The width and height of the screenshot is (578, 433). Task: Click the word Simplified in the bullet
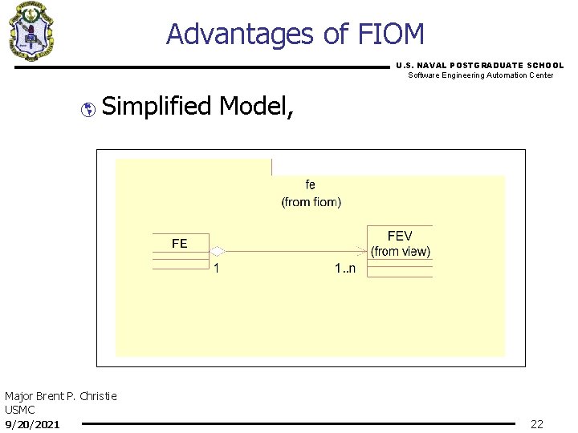(x=157, y=106)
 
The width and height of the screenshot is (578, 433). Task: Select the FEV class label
(x=399, y=236)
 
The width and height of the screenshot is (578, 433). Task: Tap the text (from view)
(x=401, y=251)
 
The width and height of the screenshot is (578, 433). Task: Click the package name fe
(x=311, y=185)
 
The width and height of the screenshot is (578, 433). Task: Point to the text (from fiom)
(x=311, y=202)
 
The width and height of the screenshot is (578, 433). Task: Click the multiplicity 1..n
(x=345, y=269)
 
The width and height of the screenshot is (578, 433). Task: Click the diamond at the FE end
(x=217, y=252)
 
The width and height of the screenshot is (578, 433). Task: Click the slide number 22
(x=537, y=424)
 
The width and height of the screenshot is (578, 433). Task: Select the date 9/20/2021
(x=32, y=423)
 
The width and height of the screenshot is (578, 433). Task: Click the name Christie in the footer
(x=98, y=396)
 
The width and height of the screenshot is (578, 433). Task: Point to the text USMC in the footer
(x=20, y=410)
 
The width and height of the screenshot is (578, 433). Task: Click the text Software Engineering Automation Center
(x=481, y=75)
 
